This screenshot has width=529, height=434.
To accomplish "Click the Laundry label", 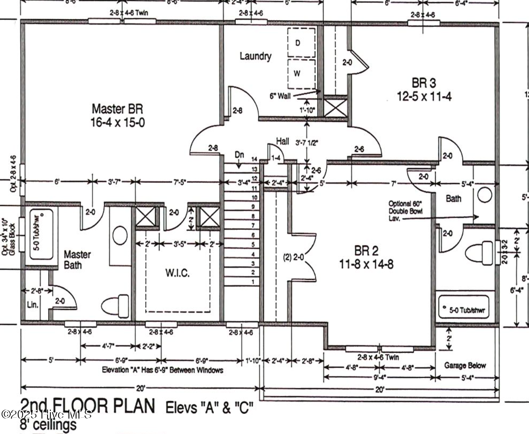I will coord(255,56).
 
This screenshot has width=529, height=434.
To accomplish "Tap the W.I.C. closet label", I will coord(177,273).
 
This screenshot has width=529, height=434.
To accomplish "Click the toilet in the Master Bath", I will coord(115,306).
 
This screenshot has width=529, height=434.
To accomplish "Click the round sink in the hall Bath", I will coord(484,195).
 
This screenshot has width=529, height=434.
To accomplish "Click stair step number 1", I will coord(253,282).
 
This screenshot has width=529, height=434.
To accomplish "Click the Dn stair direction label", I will coord(239,155).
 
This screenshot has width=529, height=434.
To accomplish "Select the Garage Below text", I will coord(465,365).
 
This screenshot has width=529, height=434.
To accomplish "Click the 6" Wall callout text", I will coord(280,96).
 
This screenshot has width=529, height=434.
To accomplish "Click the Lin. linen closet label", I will coord(33,305).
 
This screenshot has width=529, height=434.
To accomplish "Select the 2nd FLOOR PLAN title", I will coord(88,406).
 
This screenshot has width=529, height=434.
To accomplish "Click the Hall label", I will coord(282,141).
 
